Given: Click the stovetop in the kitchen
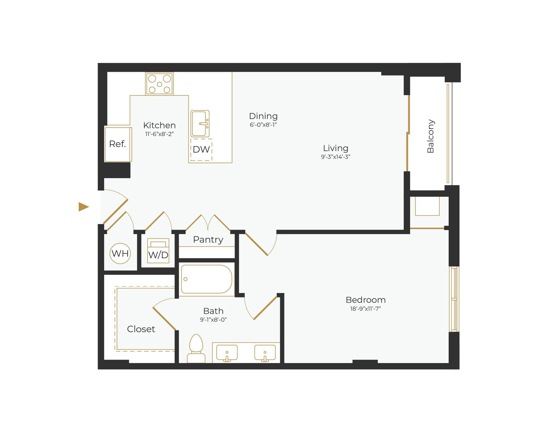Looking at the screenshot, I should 159,84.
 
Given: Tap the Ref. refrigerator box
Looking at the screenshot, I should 118,144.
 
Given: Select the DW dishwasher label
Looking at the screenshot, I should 201,150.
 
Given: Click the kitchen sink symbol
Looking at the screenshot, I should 200,124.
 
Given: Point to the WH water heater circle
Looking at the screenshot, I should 120,253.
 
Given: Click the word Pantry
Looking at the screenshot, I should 208,239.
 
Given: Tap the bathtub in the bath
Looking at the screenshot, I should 206,279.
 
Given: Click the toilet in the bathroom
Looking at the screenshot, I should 196,348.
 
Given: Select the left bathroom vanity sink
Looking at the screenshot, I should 227,353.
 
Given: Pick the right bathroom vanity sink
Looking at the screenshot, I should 265,353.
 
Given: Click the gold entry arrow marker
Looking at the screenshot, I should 83,207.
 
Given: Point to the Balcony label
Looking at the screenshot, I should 430,136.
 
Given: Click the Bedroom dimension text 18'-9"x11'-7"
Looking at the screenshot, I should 365,309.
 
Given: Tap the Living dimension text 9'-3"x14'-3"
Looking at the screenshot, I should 335,157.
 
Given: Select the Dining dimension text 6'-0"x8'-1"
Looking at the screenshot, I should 263,125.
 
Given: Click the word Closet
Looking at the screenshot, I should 141,329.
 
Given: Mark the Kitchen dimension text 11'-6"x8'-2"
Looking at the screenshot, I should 159,134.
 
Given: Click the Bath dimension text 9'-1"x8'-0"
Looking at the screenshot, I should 213,320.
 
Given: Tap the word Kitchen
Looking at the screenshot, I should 159,125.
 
